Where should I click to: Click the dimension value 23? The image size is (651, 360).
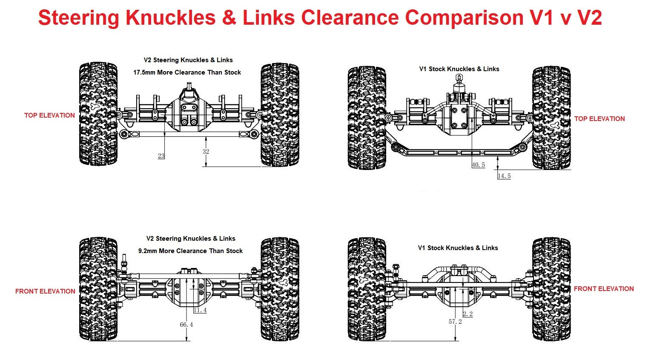[x=161, y=156]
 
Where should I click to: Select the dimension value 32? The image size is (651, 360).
[x=206, y=152]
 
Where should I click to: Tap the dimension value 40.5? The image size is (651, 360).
[x=478, y=165]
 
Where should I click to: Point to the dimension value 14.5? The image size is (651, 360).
[x=504, y=176]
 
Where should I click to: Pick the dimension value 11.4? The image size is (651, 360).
[x=200, y=310]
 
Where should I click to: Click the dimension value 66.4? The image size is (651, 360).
[x=186, y=325]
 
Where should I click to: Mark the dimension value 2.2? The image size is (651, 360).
[x=467, y=314]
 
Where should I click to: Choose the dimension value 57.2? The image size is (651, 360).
[x=455, y=322]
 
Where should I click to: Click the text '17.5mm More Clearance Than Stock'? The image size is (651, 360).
[x=187, y=72]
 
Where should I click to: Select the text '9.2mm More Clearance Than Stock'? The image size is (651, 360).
[x=190, y=251]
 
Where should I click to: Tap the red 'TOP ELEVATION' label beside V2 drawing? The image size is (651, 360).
[x=49, y=115]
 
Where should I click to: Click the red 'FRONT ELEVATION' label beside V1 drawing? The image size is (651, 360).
[x=603, y=289]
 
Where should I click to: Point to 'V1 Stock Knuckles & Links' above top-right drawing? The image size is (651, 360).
[x=459, y=69]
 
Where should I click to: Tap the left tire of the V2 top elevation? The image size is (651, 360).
[x=98, y=114]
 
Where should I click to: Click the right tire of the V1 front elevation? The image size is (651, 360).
[x=551, y=289]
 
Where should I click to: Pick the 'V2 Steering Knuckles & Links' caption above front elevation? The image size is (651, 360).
[x=191, y=239]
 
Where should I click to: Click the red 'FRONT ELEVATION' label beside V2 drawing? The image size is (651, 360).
[x=45, y=291]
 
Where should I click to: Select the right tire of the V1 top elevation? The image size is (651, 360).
[x=551, y=118]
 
